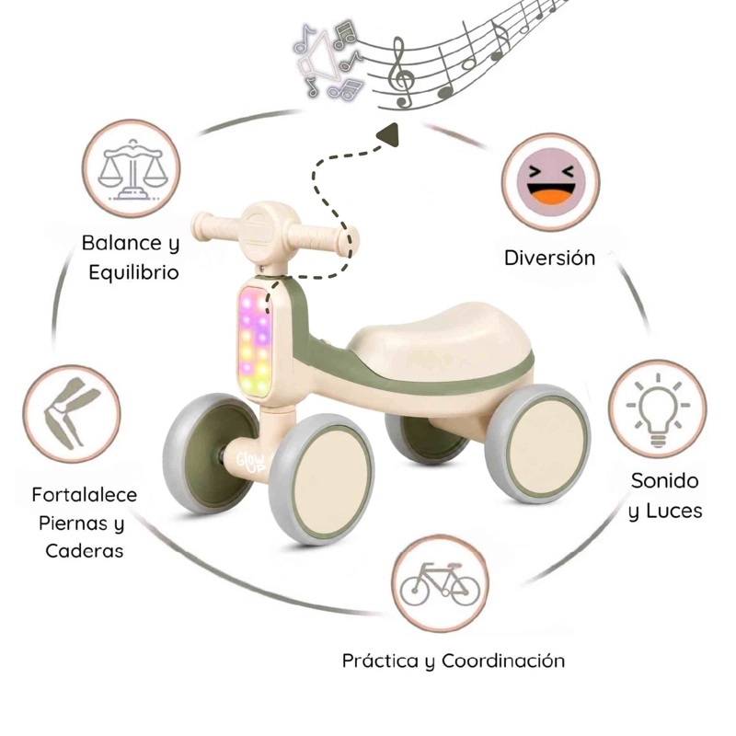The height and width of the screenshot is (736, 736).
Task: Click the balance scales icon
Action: [132, 169]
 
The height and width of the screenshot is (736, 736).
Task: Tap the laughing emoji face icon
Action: [551, 181]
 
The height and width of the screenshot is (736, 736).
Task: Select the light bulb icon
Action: [658, 409]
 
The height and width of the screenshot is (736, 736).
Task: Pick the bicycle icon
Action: [440, 583]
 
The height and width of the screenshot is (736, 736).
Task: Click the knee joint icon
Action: [72, 413]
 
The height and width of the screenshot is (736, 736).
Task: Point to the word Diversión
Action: [549, 258]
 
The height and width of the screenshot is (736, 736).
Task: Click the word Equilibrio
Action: [133, 272]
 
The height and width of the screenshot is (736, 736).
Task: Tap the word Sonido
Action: [664, 480]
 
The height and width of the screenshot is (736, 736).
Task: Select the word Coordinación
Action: [503, 661]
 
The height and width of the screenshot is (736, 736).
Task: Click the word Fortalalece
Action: [85, 495]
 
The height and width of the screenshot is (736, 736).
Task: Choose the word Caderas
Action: [85, 550]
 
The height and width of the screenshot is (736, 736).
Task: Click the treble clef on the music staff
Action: [400, 73]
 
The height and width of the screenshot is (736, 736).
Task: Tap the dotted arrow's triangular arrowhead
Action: [389, 134]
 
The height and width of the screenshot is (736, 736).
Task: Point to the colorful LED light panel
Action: [256, 342]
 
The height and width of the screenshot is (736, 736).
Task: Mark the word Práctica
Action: [381, 661]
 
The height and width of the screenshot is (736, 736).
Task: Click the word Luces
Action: [674, 511]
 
